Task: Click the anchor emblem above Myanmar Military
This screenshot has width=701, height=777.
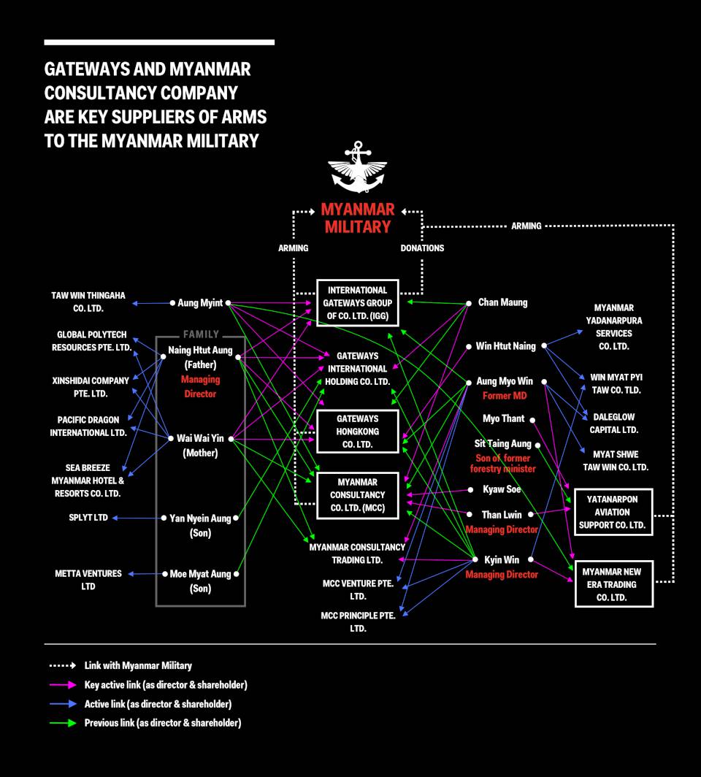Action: pos(358,167)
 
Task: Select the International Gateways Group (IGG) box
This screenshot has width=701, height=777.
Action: pos(358,303)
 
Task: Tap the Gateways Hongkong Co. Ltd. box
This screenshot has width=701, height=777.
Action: pos(358,432)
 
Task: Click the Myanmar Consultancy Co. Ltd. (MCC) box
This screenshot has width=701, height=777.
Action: pos(358,495)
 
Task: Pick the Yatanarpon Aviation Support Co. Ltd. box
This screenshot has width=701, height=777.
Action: pos(612,512)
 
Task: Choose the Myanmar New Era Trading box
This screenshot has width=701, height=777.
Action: pos(613,584)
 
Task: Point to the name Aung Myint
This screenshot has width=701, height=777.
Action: pos(201,302)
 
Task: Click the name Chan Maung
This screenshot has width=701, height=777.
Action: pos(502,302)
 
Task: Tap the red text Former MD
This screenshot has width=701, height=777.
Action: pos(505,396)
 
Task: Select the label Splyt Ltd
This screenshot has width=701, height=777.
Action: pos(88,518)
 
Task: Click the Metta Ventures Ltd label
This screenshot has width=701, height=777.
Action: pos(88,580)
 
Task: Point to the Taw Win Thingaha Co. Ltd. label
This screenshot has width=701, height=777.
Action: pos(88,302)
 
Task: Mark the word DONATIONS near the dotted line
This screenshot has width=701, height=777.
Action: pos(422,248)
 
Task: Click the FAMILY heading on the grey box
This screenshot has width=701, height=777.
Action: pos(201,334)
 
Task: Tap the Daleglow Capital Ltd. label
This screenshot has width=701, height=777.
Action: pos(613,424)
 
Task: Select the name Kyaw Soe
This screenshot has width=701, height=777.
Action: pos(502,489)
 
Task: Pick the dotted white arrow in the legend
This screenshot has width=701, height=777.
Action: pos(63,666)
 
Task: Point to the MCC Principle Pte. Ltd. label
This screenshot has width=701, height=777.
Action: pos(358,621)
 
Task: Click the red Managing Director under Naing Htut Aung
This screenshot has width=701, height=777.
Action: pos(201,386)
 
